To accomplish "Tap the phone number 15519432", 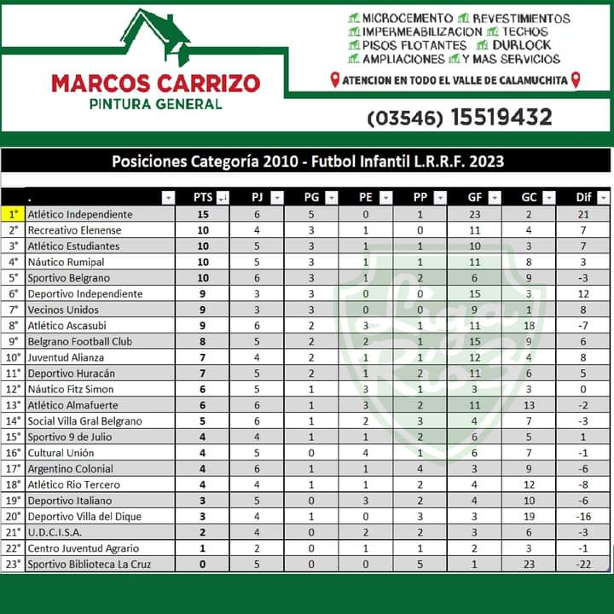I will coord(501,117).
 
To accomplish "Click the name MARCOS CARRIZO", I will coord(155,84).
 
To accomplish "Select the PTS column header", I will coord(203,198).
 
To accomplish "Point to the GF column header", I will coord(474,198).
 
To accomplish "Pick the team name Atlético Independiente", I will coord(80,214).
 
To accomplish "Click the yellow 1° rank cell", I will coord(13,214).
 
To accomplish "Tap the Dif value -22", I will coord(583,564).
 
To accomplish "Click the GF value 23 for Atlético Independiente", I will coord(475,214).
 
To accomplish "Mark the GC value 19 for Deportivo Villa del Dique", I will coord(529,516).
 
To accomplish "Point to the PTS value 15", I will coord(203,214).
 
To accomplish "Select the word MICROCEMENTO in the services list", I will coord(407,18).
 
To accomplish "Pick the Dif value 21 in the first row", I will coord(583,214).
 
